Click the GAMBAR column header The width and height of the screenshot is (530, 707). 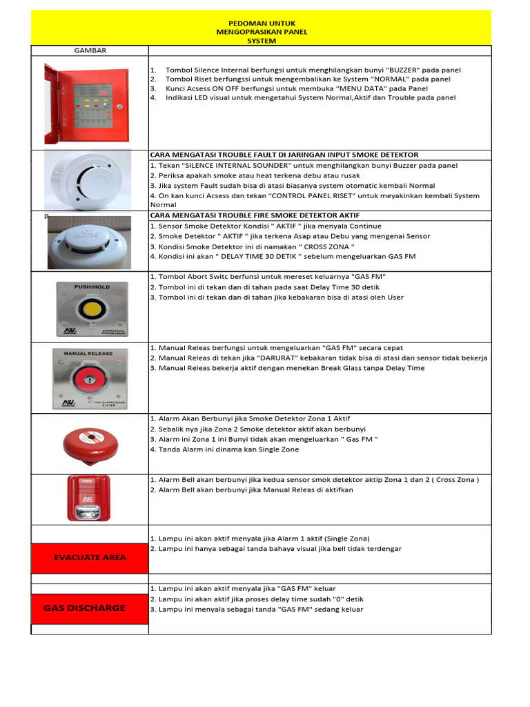[x=90, y=50]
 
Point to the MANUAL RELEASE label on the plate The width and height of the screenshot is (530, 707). [x=89, y=353]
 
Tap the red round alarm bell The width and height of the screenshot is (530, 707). [x=89, y=443]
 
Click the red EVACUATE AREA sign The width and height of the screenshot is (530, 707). [x=90, y=557]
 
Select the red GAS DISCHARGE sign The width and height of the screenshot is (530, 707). [x=90, y=608]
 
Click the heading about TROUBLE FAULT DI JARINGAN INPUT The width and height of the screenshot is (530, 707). [x=284, y=155]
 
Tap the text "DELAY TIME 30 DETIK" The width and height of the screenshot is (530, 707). [x=263, y=257]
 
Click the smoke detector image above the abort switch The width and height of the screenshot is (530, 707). [x=89, y=242]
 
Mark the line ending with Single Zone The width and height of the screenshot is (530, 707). [x=224, y=449]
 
